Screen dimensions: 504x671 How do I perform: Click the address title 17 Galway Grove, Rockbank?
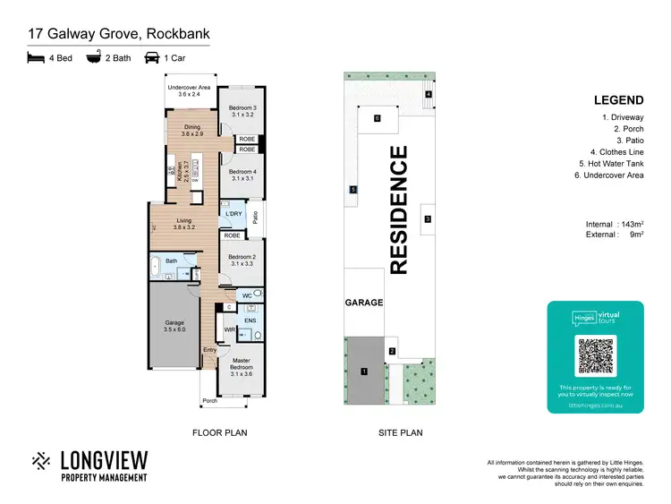[118, 35]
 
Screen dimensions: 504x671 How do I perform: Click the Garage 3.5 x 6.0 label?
[174, 327]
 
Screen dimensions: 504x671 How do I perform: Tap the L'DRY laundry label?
[234, 214]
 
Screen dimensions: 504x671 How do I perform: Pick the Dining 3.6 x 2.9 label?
[192, 130]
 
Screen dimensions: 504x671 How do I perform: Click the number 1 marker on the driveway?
[364, 371]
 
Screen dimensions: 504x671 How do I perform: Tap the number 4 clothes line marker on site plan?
[429, 94]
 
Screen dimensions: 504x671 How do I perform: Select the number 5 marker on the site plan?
[353, 190]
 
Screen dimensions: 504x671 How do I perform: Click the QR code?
[595, 356]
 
